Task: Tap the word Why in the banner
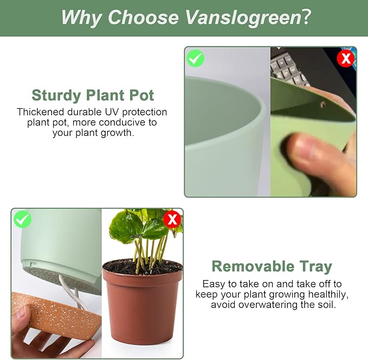(81, 17)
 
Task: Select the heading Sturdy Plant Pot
(93, 96)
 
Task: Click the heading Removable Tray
(271, 266)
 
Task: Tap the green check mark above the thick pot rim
(195, 58)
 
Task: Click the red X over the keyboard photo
(345, 58)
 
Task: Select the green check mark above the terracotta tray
(22, 219)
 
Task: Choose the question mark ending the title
(305, 17)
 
